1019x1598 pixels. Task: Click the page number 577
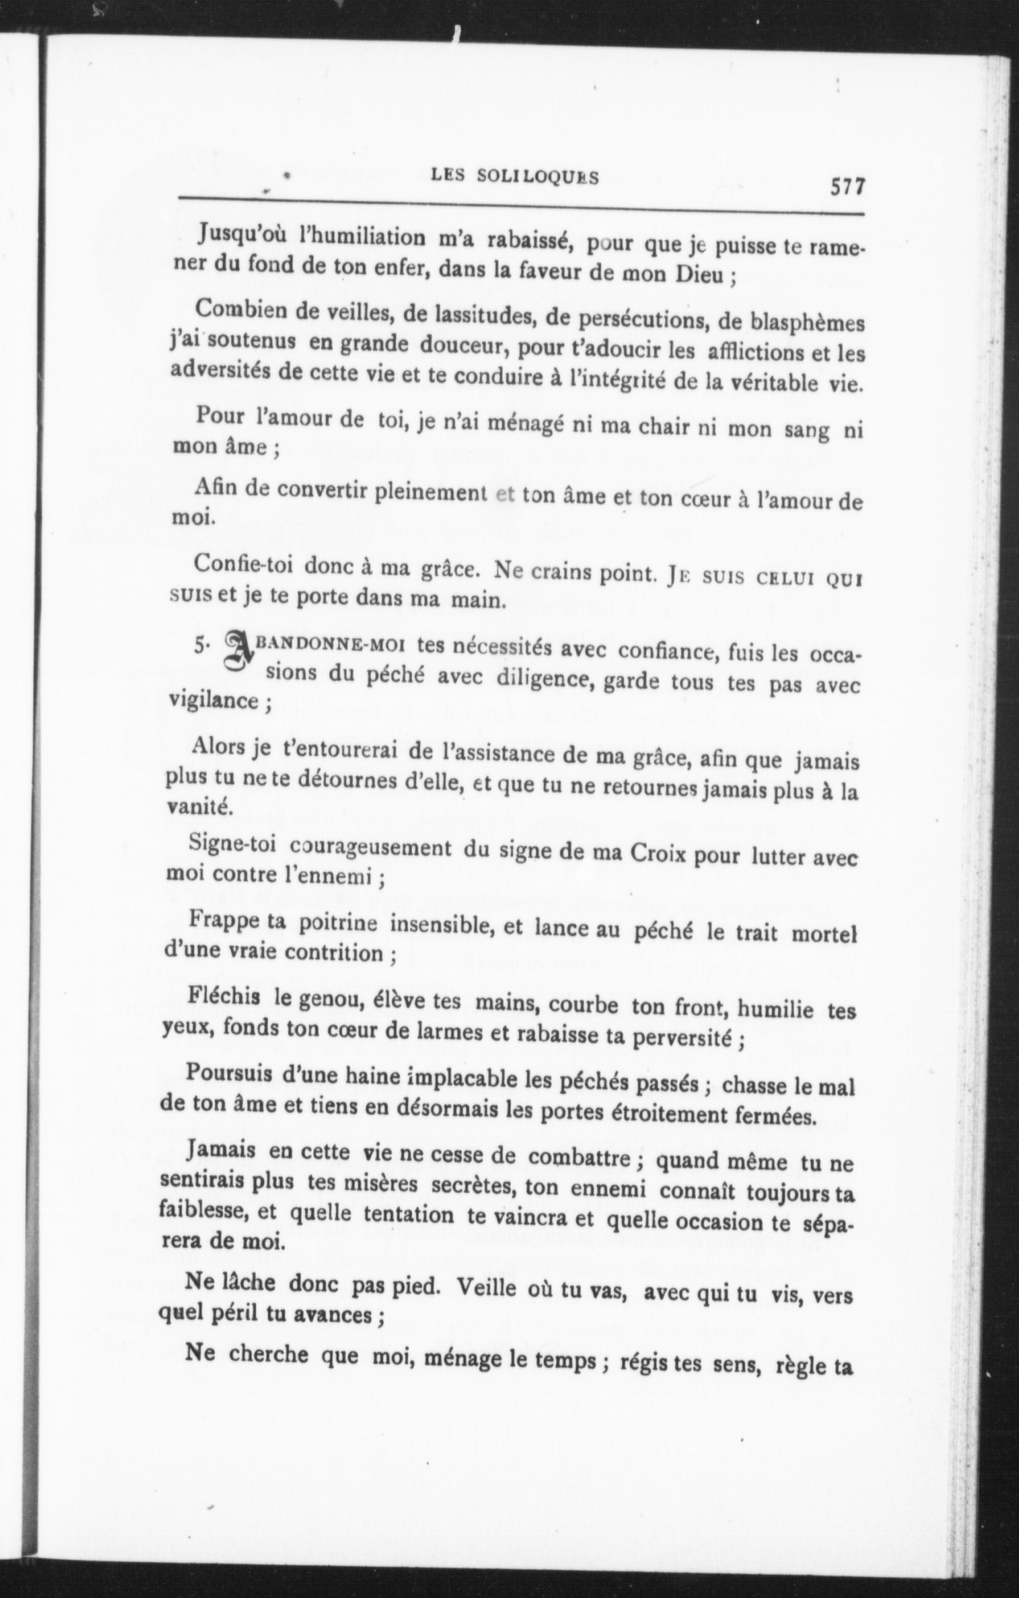pyautogui.click(x=848, y=187)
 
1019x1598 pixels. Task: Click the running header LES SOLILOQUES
pyautogui.click(x=514, y=177)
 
